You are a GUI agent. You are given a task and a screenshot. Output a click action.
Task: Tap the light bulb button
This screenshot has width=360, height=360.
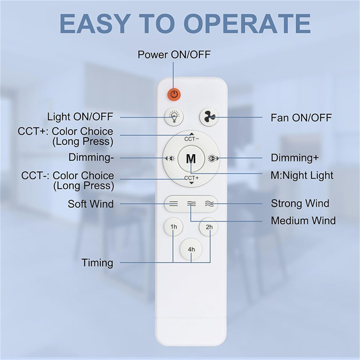(x=174, y=117)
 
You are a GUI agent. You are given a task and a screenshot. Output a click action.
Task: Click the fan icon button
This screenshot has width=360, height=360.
(x=209, y=117)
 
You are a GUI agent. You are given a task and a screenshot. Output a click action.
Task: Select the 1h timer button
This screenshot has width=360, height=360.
(x=174, y=227)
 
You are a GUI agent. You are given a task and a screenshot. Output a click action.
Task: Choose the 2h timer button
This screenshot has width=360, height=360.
(x=209, y=227)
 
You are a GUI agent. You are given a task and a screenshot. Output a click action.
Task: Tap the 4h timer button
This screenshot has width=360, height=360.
(x=191, y=249)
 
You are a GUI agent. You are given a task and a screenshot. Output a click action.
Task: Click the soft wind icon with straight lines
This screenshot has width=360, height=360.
(x=174, y=204)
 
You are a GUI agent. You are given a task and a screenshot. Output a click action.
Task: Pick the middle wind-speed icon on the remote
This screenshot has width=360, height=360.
(x=191, y=204)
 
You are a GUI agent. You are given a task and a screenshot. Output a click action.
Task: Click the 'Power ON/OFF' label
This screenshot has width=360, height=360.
(x=174, y=55)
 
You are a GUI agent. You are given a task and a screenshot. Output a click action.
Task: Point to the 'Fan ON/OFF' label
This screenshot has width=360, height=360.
(x=301, y=117)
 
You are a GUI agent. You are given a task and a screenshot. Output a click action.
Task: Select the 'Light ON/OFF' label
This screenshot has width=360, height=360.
(x=80, y=117)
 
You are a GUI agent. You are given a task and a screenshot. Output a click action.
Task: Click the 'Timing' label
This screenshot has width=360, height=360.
(x=97, y=263)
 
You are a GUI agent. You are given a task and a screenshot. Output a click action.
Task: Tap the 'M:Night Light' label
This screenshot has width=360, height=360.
(x=302, y=175)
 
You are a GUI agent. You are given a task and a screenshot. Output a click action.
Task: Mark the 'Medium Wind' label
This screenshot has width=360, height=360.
(x=303, y=220)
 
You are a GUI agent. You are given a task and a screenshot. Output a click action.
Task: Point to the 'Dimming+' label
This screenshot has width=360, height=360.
(x=295, y=158)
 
